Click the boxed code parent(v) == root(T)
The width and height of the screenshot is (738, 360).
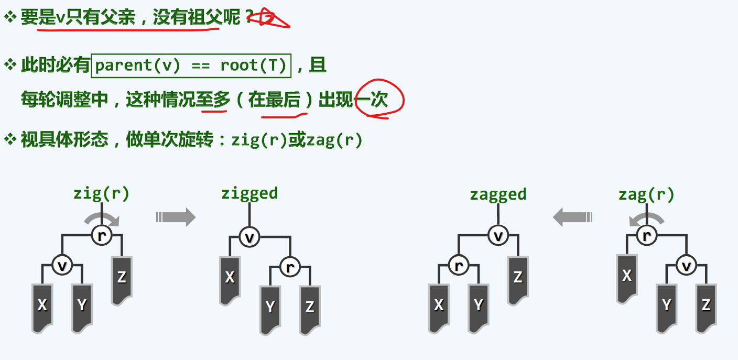(x=191, y=66)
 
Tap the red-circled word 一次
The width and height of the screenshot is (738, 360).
(x=378, y=99)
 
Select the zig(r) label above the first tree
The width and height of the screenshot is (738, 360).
(x=101, y=193)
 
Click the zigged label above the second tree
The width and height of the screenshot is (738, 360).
(x=249, y=193)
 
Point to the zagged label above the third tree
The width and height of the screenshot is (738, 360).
(x=498, y=194)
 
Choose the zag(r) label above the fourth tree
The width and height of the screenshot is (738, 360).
(x=646, y=194)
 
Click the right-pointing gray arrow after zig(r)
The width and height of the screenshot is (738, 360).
(x=176, y=216)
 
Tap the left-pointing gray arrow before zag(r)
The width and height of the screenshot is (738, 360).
(x=572, y=216)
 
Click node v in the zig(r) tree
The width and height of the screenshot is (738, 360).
(x=62, y=266)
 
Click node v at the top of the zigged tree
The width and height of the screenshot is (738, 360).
(x=249, y=237)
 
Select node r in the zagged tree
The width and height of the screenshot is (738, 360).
(x=459, y=266)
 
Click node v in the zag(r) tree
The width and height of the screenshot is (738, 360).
(x=686, y=266)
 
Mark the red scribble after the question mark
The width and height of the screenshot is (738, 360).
(x=268, y=19)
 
